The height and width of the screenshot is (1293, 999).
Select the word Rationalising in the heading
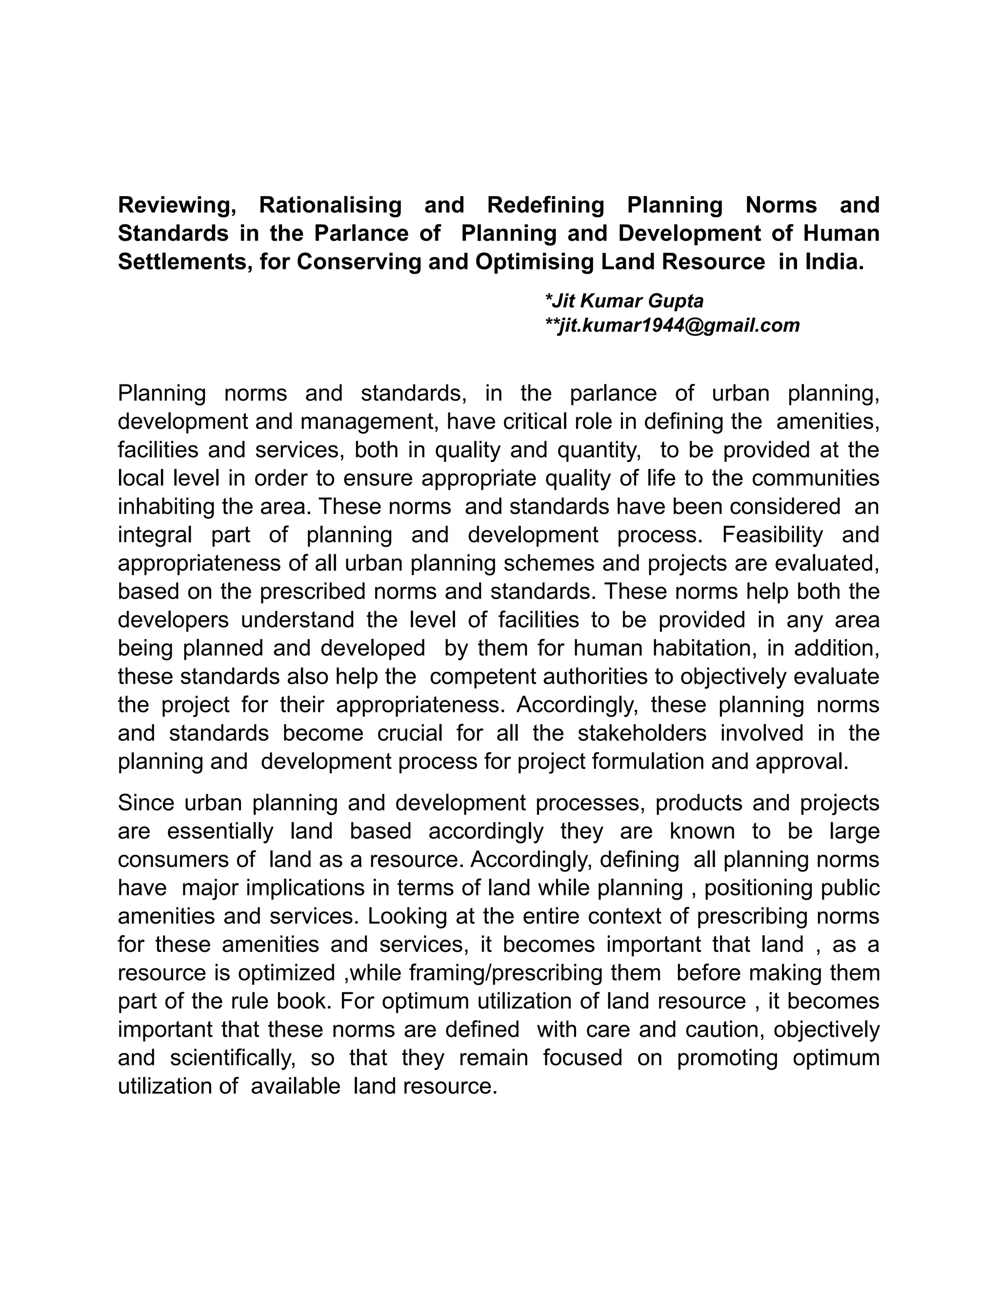(330, 205)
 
